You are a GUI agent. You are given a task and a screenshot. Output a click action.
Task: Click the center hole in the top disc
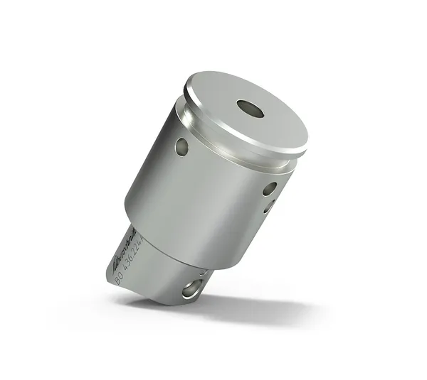point(250,109)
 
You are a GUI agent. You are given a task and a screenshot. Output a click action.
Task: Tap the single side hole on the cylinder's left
point(182,147)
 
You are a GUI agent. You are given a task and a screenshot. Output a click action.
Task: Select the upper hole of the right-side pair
point(270,189)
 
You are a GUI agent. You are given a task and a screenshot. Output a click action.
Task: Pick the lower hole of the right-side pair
point(268,207)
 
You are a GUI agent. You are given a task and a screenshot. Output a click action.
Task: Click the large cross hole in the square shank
point(191,288)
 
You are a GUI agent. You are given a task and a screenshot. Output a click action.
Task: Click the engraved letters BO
point(118,278)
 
